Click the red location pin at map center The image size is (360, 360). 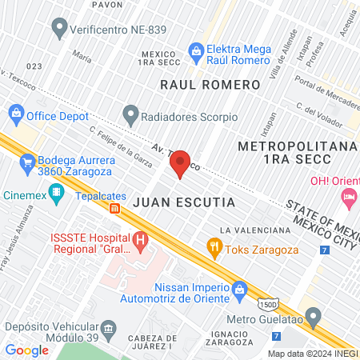[x=180, y=162]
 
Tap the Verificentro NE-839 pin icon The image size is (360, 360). [x=58, y=30]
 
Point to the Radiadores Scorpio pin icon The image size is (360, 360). [x=130, y=116]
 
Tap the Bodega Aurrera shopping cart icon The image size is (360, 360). [x=28, y=164]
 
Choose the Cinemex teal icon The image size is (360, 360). [x=56, y=192]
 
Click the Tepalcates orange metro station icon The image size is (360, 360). [x=115, y=209]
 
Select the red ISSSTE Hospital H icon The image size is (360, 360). [x=141, y=238]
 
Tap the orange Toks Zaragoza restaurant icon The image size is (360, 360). [x=214, y=247]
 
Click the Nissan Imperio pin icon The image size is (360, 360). [x=239, y=288]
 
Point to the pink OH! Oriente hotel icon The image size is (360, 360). [x=349, y=197]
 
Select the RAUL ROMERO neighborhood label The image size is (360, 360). [x=210, y=85]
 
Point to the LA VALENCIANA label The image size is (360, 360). [x=254, y=230]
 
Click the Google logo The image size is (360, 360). [x=27, y=350]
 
